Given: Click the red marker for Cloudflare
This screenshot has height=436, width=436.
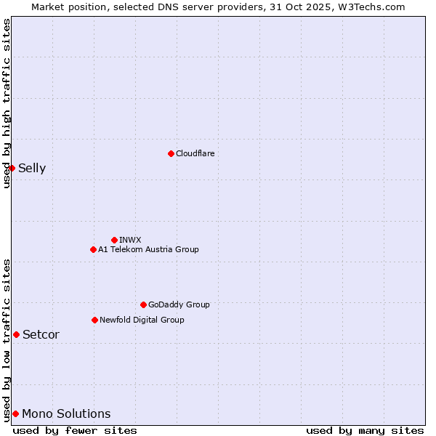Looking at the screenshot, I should tap(171, 153).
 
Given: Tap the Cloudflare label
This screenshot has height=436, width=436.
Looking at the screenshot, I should tap(195, 153).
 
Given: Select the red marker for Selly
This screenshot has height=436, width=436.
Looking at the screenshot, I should tap(12, 168).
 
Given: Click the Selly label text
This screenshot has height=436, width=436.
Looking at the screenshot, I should tap(32, 169).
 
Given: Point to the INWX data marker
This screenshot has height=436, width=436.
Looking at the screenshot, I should tap(114, 240).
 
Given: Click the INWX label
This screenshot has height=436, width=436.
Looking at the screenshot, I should tap(130, 240).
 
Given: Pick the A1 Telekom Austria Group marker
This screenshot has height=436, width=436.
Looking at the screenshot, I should tap(93, 249).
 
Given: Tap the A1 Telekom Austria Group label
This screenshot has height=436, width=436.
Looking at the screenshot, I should tap(148, 249).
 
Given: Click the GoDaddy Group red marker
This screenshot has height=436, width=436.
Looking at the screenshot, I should tap(143, 304).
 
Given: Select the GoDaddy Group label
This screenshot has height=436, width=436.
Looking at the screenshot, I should tap(178, 304).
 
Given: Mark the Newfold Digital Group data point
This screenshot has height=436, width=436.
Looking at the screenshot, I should tap(94, 320).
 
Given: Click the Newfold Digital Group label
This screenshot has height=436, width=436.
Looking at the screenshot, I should tap(142, 320).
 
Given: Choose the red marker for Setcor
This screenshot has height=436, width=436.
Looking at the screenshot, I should tap(16, 334).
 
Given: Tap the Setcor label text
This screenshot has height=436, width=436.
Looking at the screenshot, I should tap(41, 335).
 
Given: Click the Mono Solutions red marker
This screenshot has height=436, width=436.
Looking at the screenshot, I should tap(15, 413).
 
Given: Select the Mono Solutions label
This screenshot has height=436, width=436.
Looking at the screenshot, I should tap(66, 414).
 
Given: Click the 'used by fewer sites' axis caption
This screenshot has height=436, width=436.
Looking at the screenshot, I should tap(75, 430).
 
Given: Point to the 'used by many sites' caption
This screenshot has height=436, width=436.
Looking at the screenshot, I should tap(365, 430).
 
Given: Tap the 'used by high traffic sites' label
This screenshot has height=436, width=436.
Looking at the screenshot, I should tap(7, 103).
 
